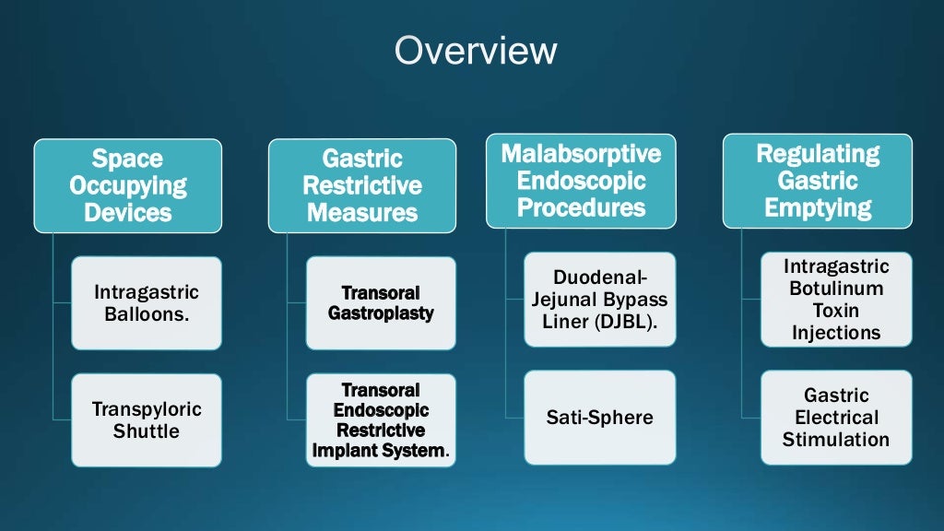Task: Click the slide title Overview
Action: (476, 51)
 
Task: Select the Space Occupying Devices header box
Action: (128, 185)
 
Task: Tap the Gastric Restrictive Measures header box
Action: (362, 185)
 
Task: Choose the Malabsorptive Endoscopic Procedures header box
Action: (581, 181)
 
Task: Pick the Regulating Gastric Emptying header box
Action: (818, 181)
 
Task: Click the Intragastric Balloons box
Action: (147, 303)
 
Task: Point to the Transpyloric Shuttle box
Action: (147, 419)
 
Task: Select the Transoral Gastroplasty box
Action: (381, 303)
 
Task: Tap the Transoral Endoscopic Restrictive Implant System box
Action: (381, 419)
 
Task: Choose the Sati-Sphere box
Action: (599, 418)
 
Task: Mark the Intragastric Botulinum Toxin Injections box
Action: (836, 300)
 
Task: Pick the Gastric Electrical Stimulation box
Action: (836, 418)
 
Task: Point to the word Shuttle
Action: (147, 431)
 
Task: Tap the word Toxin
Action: (836, 311)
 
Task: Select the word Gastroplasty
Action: (381, 313)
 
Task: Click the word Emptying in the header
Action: (818, 207)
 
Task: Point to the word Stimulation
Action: (836, 440)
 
